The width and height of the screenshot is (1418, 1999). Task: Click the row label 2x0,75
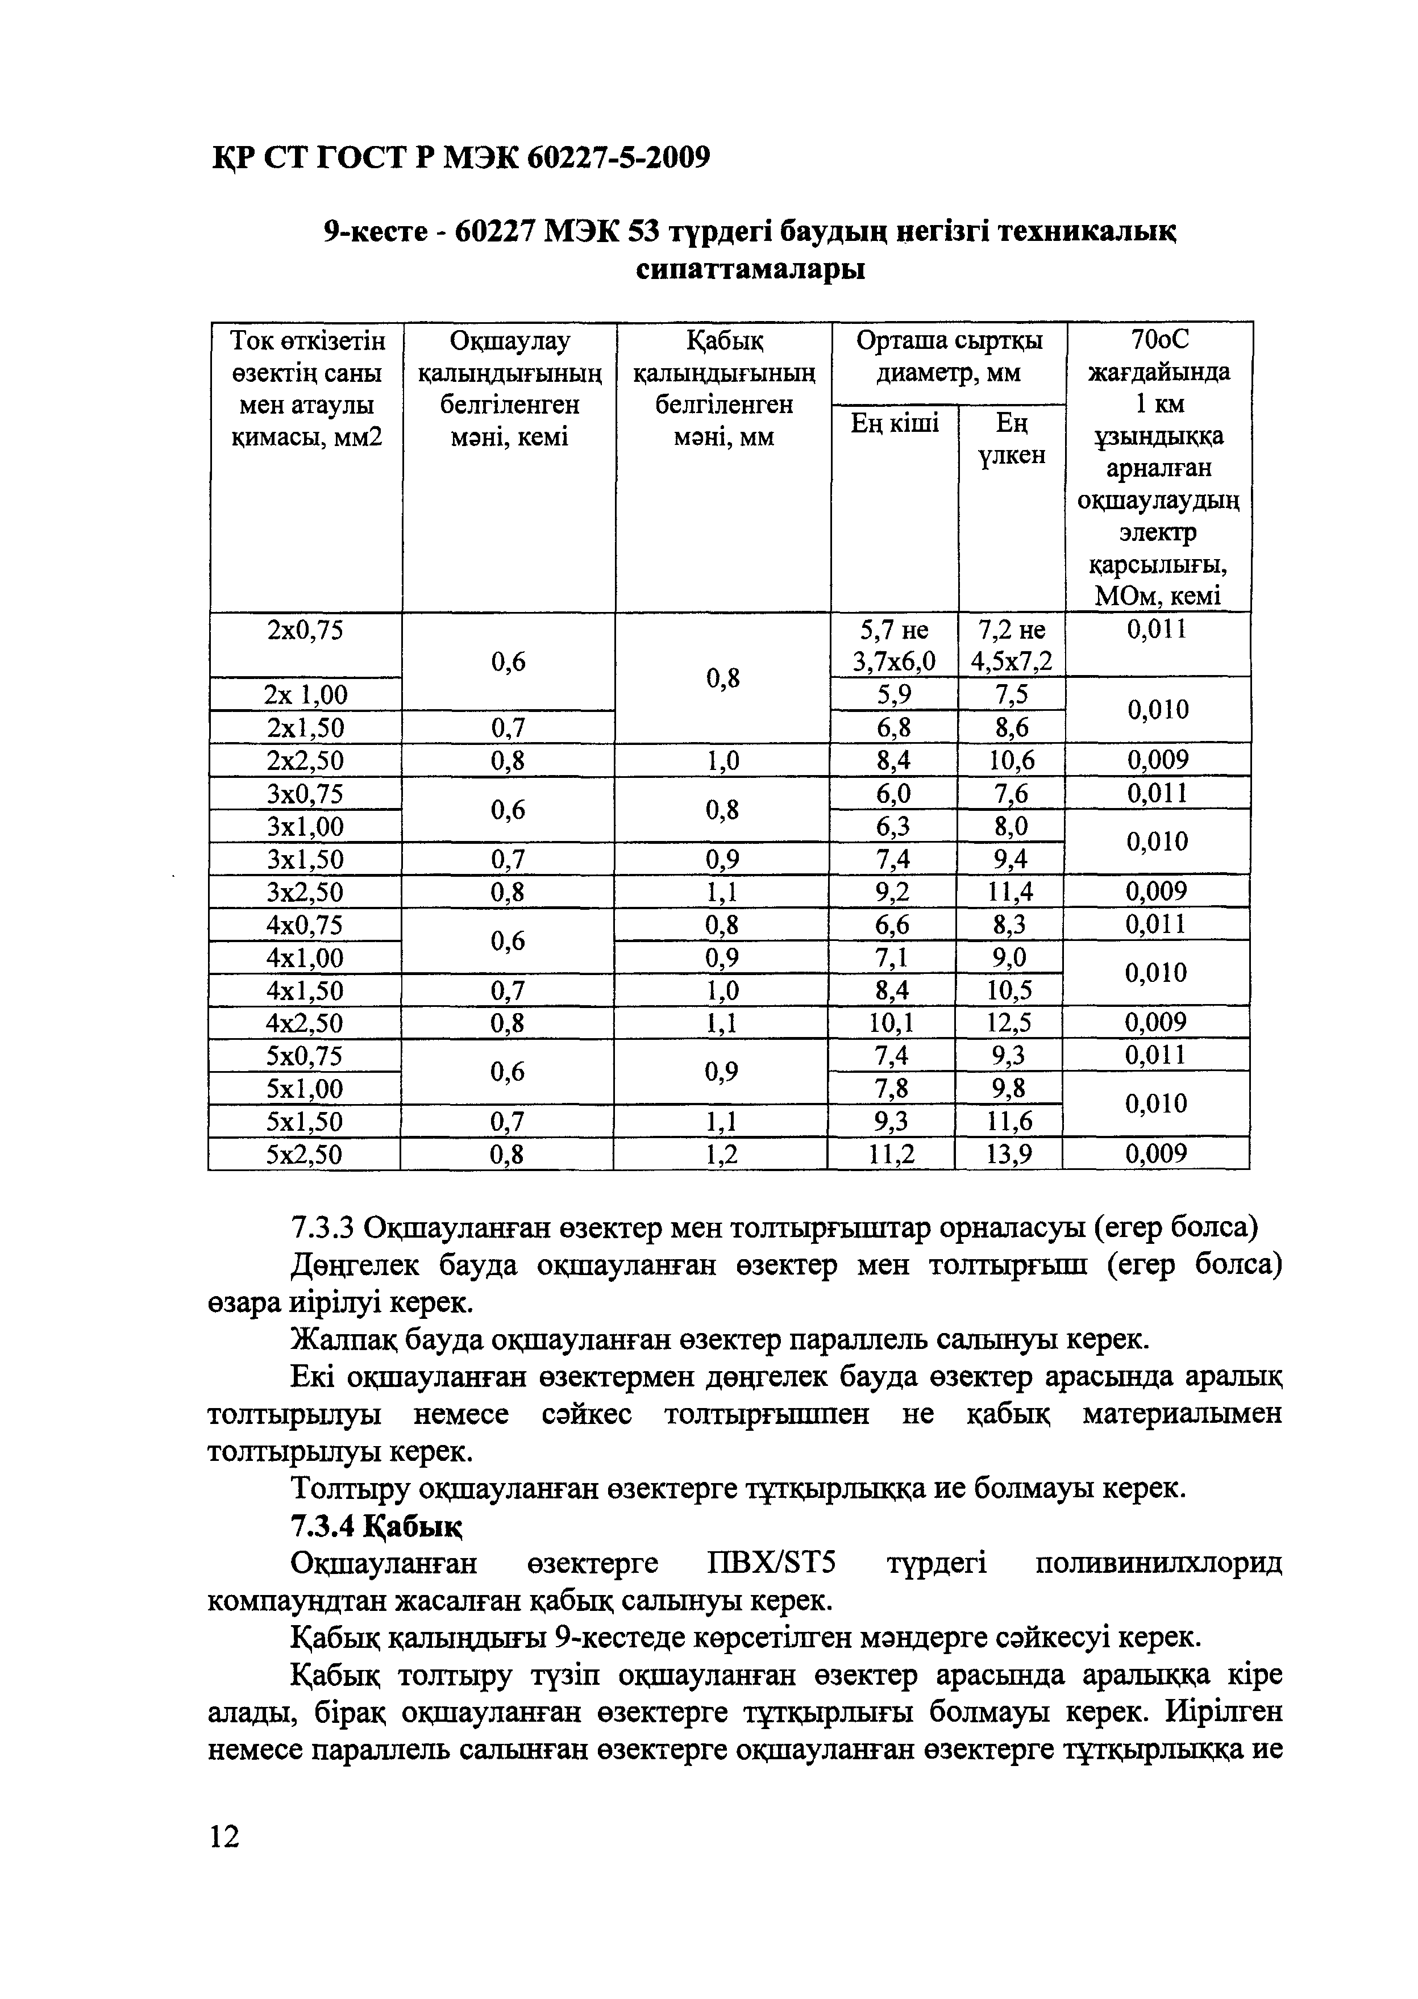coord(305,630)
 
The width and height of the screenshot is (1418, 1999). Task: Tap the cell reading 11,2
coord(892,1155)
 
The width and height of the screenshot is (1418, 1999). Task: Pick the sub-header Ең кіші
coord(895,423)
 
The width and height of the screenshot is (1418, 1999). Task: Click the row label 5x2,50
coord(305,1155)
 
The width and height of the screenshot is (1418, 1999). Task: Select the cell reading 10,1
coord(893,1022)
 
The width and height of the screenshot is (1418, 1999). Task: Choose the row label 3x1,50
coord(305,860)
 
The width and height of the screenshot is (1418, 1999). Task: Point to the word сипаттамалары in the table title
coord(750,269)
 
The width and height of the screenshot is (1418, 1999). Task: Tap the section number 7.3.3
coord(321,1228)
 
